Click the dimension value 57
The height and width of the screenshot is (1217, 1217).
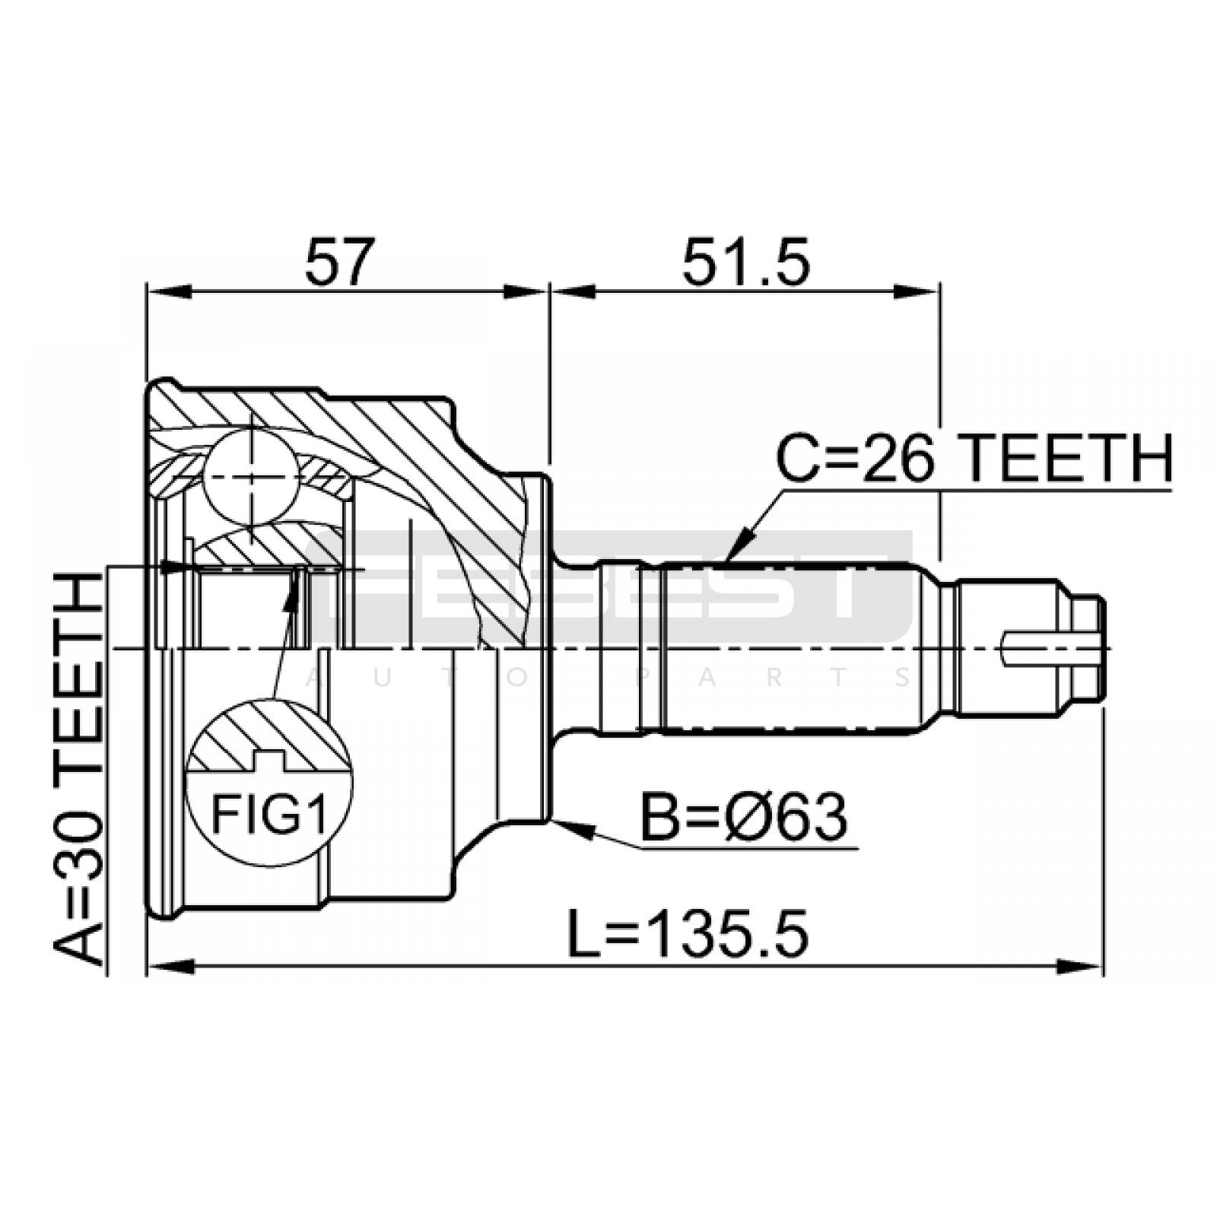(340, 262)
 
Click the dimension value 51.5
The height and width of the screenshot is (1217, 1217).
(745, 262)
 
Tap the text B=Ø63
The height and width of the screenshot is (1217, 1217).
(743, 818)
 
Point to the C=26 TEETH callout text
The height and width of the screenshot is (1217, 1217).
(974, 459)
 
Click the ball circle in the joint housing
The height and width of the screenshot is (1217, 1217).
(249, 475)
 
